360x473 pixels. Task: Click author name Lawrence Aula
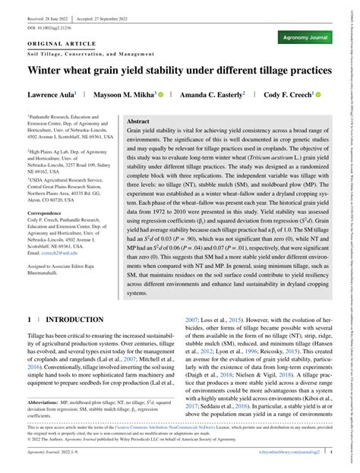50,95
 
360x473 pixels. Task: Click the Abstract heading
137,121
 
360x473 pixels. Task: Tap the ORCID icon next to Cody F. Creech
317,95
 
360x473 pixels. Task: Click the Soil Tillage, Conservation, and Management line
88,53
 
